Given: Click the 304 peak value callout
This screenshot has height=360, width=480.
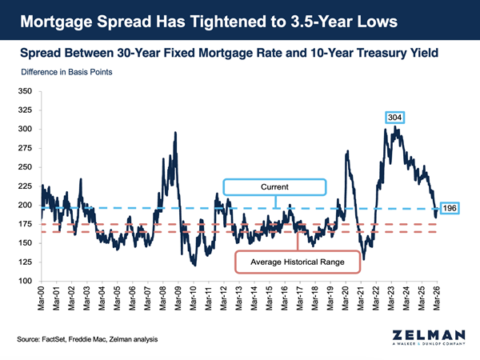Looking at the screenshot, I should [x=394, y=118].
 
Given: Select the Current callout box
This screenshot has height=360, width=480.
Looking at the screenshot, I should [x=274, y=187].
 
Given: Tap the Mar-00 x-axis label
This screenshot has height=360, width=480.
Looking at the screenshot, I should [x=39, y=299].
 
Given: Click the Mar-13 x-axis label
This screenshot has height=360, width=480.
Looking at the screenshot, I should [x=238, y=299].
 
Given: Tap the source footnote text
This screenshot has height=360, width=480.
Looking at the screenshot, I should [x=88, y=339].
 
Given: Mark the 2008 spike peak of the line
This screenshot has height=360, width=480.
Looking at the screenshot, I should [x=175, y=134].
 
